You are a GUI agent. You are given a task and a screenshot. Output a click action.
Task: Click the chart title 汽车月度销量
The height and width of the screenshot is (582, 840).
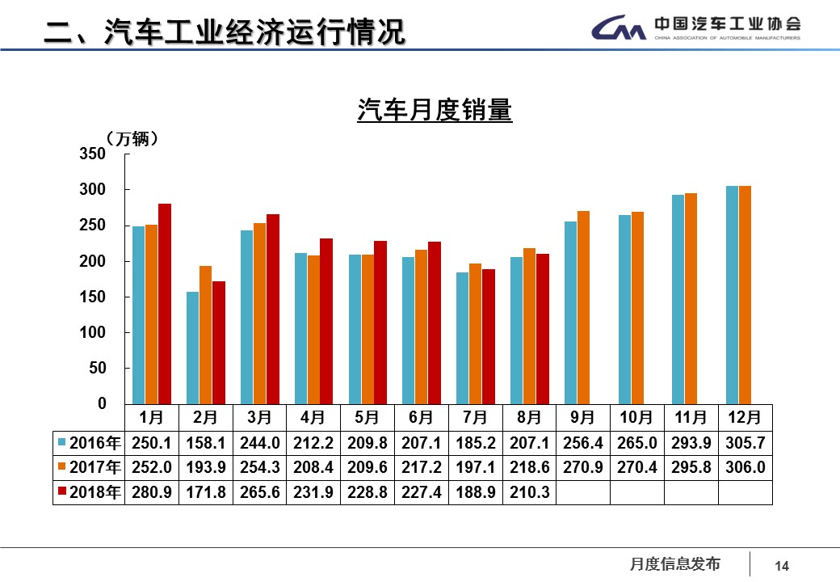tap(435, 110)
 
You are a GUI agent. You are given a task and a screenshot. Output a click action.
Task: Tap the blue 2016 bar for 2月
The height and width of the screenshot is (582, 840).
tap(192, 348)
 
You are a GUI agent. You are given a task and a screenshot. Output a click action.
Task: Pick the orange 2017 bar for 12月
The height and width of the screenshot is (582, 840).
tap(745, 294)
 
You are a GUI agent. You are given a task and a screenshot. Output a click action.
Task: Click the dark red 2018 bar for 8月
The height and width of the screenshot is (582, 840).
tap(543, 328)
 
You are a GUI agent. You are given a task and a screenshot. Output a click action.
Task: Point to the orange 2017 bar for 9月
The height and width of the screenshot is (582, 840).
tap(583, 307)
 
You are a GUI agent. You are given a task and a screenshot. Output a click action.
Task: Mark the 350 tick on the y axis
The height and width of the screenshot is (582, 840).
tap(93, 154)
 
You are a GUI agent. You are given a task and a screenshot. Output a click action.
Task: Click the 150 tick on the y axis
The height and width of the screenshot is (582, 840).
tap(93, 297)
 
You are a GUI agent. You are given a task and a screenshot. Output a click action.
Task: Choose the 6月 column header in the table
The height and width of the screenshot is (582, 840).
tap(421, 417)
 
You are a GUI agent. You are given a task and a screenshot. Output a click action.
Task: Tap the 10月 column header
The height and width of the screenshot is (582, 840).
tap(636, 417)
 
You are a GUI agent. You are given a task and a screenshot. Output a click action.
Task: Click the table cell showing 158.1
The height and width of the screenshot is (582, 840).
tap(205, 443)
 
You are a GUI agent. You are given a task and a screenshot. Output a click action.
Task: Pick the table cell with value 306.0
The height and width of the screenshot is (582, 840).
tap(745, 468)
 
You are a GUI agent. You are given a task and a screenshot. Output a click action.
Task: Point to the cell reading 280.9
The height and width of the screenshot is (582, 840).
tap(151, 492)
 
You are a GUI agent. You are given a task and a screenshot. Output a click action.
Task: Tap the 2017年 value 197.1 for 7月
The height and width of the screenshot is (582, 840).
tap(475, 468)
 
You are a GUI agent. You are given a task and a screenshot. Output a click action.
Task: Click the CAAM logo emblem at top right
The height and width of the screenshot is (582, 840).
tap(618, 30)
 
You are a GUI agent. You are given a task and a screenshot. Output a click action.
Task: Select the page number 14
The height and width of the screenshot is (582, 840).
tap(781, 566)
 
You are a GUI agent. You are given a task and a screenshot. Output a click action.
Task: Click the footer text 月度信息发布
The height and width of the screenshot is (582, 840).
tap(674, 564)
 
